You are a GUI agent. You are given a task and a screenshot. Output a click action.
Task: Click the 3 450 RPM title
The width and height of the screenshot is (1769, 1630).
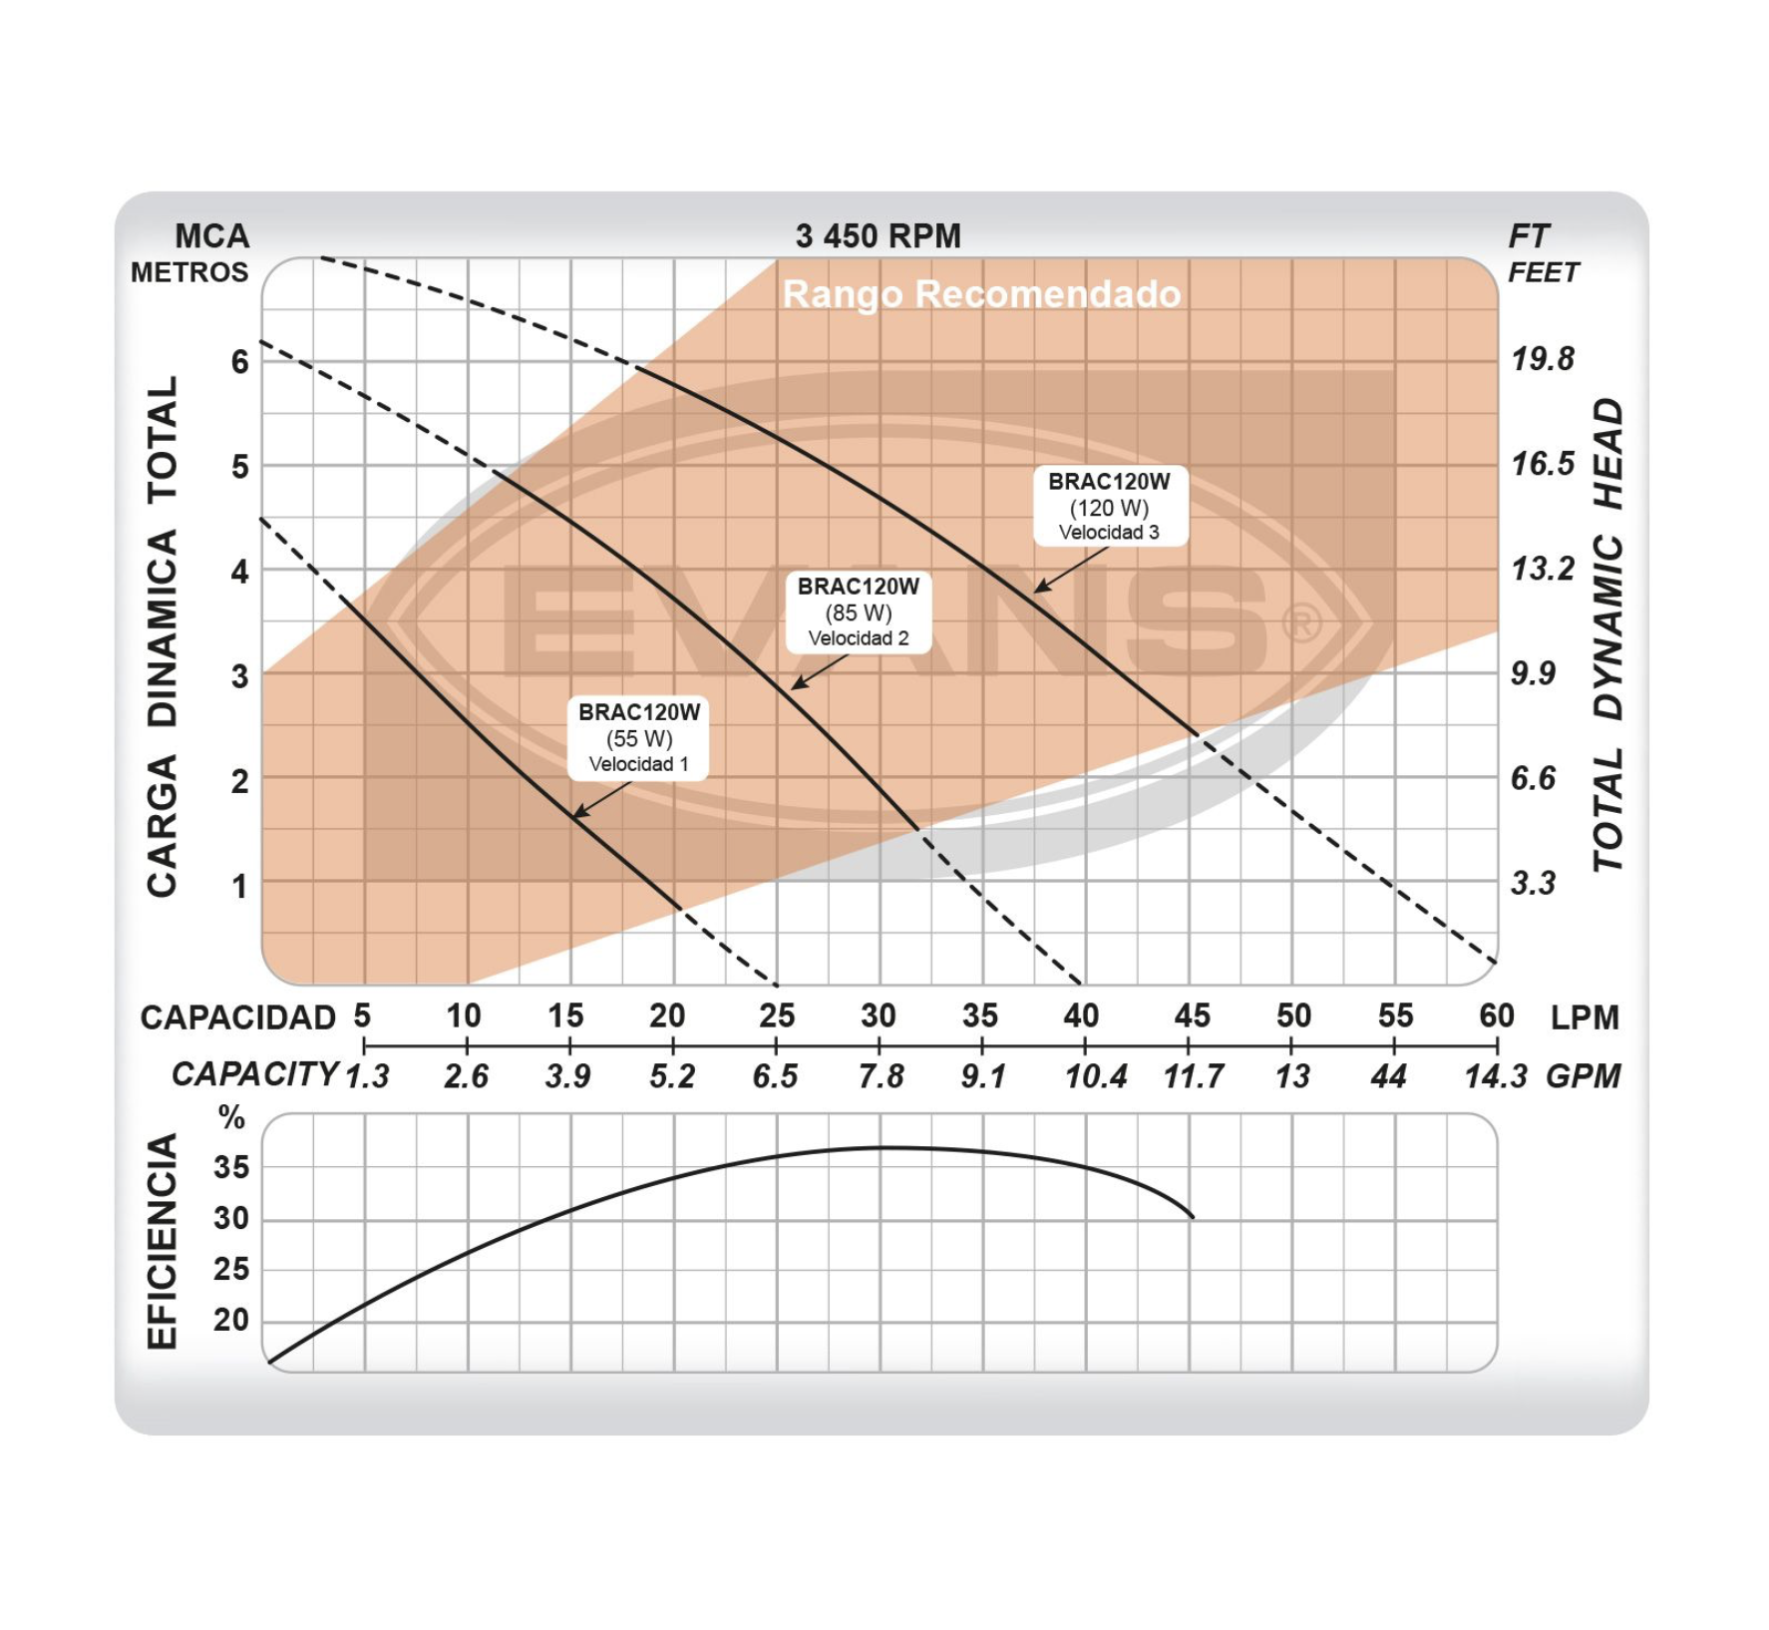pyautogui.click(x=878, y=236)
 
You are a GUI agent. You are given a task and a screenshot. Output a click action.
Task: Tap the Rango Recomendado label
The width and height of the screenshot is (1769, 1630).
pyautogui.click(x=981, y=294)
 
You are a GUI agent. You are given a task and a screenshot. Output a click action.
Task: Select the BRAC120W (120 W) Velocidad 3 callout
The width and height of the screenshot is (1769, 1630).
pyautogui.click(x=1109, y=506)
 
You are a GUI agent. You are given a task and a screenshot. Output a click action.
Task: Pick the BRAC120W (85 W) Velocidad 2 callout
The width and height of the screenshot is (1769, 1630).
pyautogui.click(x=858, y=611)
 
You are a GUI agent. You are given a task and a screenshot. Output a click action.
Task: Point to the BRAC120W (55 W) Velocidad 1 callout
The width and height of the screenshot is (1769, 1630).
pyautogui.click(x=638, y=737)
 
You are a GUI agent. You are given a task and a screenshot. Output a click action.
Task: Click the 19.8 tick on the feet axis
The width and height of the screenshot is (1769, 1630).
pyautogui.click(x=1543, y=359)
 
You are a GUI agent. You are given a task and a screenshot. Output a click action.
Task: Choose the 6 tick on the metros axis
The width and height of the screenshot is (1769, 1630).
pyautogui.click(x=239, y=361)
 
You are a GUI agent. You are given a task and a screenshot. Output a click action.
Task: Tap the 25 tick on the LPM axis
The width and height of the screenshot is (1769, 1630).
pyautogui.click(x=776, y=1016)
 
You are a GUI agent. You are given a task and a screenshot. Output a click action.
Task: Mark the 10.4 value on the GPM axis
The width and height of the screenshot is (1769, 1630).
pyautogui.click(x=1095, y=1076)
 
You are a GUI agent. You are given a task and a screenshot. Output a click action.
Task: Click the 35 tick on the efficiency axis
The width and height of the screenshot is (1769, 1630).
pyautogui.click(x=231, y=1167)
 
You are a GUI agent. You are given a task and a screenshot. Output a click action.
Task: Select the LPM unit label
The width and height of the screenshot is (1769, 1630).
pyautogui.click(x=1585, y=1018)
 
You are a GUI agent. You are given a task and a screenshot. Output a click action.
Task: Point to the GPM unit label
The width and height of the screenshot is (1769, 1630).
pyautogui.click(x=1583, y=1076)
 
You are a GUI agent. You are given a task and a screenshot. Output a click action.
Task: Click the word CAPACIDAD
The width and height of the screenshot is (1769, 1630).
pyautogui.click(x=238, y=1018)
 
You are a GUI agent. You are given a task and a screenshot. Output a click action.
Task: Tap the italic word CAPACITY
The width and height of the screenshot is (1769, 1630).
pyautogui.click(x=255, y=1074)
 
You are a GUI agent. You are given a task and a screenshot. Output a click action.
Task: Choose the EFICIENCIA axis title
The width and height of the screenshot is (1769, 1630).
pyautogui.click(x=163, y=1241)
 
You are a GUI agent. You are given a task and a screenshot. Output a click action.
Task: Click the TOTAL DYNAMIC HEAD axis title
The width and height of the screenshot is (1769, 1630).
pyautogui.click(x=1607, y=634)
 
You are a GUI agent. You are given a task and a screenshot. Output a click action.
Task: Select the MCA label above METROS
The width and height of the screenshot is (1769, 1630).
pyautogui.click(x=211, y=236)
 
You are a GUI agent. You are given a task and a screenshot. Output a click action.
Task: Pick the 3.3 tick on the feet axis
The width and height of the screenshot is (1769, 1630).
pyautogui.click(x=1533, y=883)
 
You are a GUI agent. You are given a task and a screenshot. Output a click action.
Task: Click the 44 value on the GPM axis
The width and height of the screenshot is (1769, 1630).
pyautogui.click(x=1388, y=1076)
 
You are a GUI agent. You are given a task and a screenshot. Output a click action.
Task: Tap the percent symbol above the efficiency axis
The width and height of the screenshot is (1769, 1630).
pyautogui.click(x=231, y=1117)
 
